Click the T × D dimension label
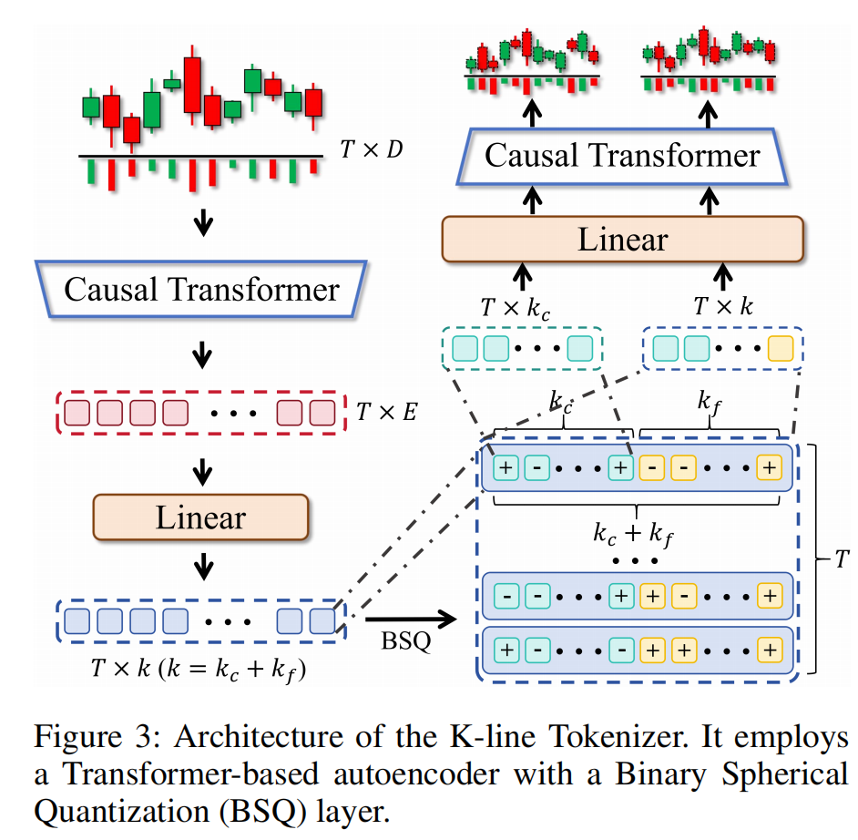point(370,150)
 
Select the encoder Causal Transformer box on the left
point(201,291)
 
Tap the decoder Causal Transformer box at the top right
point(622,155)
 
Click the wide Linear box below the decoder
point(623,240)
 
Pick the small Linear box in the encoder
point(200,517)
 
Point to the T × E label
point(386,412)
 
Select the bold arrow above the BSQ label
point(409,621)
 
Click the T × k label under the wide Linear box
point(723,308)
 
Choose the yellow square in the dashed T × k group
point(781,348)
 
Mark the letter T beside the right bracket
point(842,559)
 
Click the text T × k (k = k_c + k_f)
point(195,668)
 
